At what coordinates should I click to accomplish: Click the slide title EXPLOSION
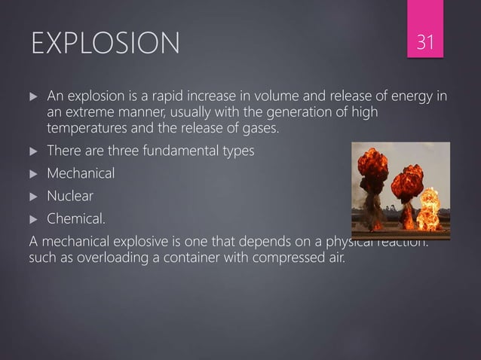(x=105, y=44)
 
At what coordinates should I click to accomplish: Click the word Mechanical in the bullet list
(x=81, y=174)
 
